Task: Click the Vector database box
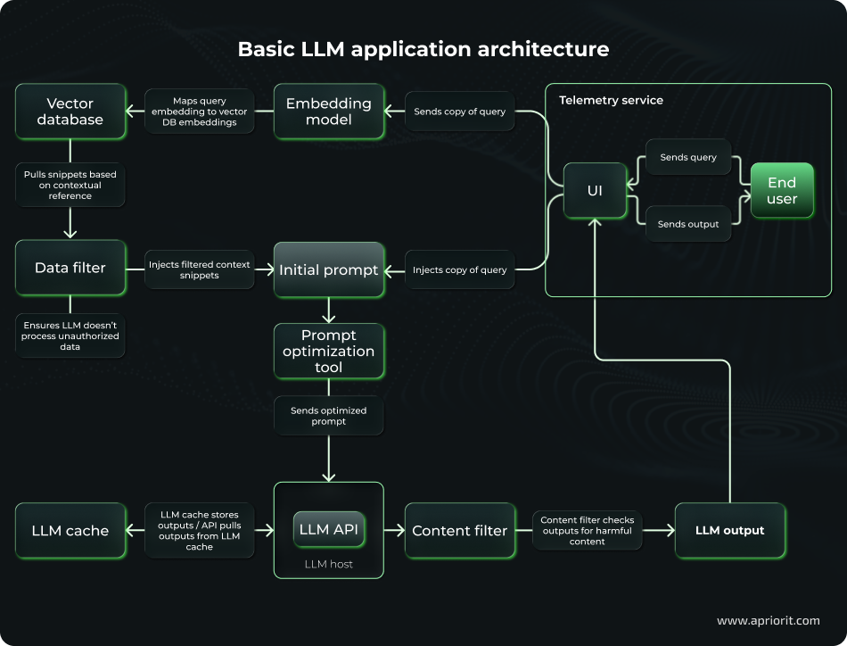click(x=70, y=112)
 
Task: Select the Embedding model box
click(x=328, y=112)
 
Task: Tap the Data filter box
click(x=70, y=268)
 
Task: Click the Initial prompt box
click(x=328, y=269)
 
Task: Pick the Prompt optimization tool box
click(x=328, y=351)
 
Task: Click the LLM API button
click(x=328, y=530)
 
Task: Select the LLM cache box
click(x=70, y=531)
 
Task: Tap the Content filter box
click(x=459, y=531)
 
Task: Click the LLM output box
click(x=729, y=531)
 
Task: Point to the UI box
click(x=595, y=191)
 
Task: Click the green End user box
click(x=781, y=191)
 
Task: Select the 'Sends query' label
click(x=687, y=157)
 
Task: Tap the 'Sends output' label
click(x=687, y=224)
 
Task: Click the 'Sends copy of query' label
click(x=459, y=112)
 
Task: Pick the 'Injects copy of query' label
click(x=459, y=269)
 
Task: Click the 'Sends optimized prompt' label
click(x=328, y=416)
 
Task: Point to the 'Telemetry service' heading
click(x=611, y=100)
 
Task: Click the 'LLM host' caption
click(x=328, y=564)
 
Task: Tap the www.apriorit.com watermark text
click(x=767, y=620)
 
